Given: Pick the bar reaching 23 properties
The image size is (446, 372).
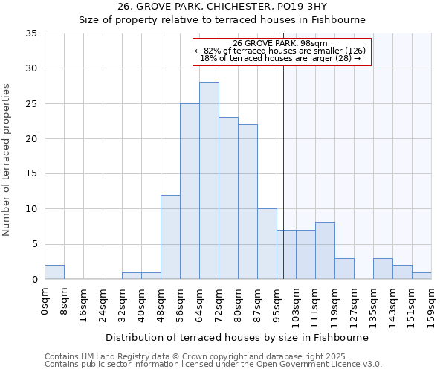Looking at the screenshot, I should click(228, 198).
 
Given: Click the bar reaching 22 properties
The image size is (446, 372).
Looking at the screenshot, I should click(248, 202).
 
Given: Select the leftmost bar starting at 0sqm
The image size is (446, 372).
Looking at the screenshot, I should click(54, 272).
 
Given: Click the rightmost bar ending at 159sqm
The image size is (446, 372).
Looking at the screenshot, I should click(421, 275).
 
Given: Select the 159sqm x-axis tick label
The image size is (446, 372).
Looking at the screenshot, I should click(431, 306).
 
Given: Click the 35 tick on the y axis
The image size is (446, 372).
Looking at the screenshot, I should click(32, 33).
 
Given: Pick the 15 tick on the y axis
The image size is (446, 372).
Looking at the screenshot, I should click(32, 174).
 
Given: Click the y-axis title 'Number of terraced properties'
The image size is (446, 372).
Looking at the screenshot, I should click(7, 160).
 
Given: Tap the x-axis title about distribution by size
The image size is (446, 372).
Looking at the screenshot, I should click(237, 337).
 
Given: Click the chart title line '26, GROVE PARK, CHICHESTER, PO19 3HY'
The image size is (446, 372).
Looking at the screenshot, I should click(222, 7).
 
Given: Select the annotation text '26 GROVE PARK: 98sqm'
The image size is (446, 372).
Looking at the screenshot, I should click(282, 43).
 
